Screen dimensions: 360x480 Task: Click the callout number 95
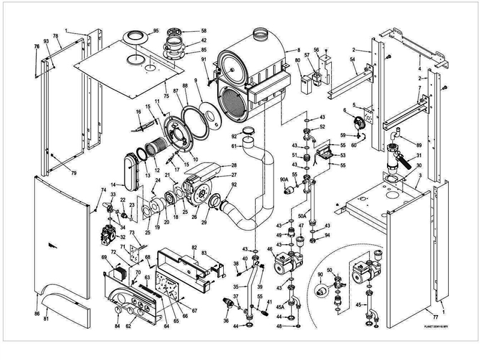155,31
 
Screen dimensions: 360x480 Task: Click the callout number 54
353,61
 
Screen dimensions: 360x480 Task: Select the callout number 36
226,320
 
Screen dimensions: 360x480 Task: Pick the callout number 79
58,173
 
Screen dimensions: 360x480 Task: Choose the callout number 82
194,248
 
